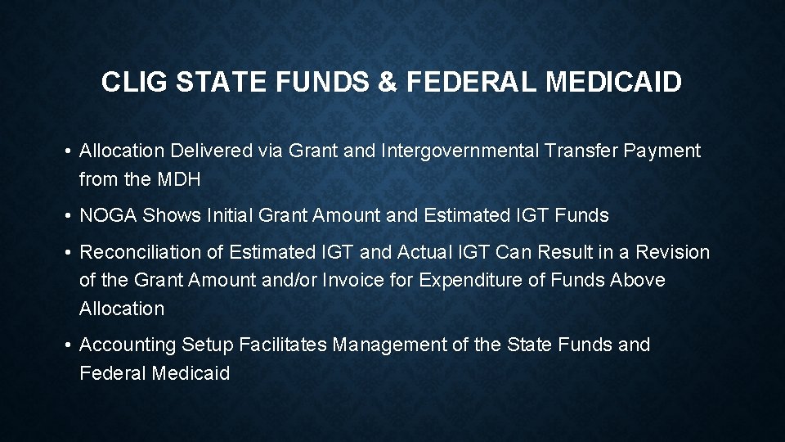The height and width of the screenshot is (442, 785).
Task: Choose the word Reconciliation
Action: (x=151, y=252)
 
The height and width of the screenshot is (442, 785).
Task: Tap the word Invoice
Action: (x=356, y=280)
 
